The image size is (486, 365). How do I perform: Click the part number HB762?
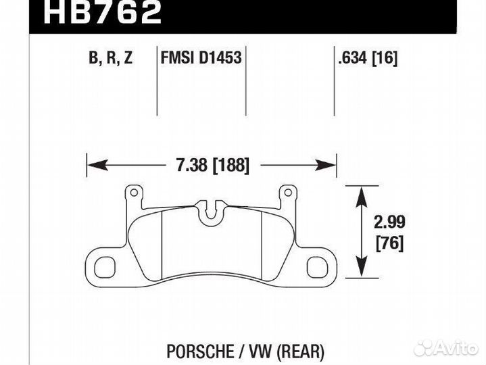click(102, 13)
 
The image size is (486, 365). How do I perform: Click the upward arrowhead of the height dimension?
click(361, 193)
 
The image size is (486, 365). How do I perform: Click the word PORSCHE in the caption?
click(195, 333)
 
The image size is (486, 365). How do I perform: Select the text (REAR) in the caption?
click(300, 333)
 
